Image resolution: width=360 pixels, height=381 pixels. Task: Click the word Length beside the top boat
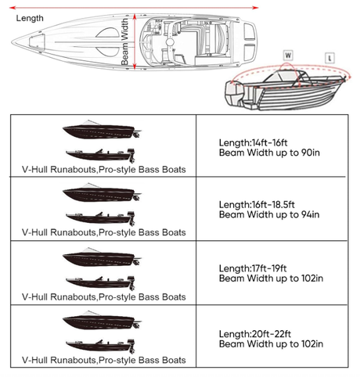pyautogui.click(x=30, y=17)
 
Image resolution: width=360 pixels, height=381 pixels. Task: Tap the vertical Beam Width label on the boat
pyautogui.click(x=125, y=44)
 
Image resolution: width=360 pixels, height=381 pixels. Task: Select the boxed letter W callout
pyautogui.click(x=289, y=56)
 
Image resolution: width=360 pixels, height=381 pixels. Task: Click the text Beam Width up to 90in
pyautogui.click(x=269, y=153)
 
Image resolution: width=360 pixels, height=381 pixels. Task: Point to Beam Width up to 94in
pyautogui.click(x=269, y=214)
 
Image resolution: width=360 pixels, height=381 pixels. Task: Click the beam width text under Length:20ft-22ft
pyautogui.click(x=271, y=343)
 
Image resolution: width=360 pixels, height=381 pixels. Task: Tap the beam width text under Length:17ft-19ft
pyautogui.click(x=271, y=278)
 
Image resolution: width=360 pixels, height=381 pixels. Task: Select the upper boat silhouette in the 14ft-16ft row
pyautogui.click(x=101, y=129)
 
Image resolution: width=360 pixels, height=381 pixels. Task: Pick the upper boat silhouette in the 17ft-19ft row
pyautogui.click(x=101, y=258)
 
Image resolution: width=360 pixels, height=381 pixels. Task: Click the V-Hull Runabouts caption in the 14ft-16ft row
pyautogui.click(x=104, y=167)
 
